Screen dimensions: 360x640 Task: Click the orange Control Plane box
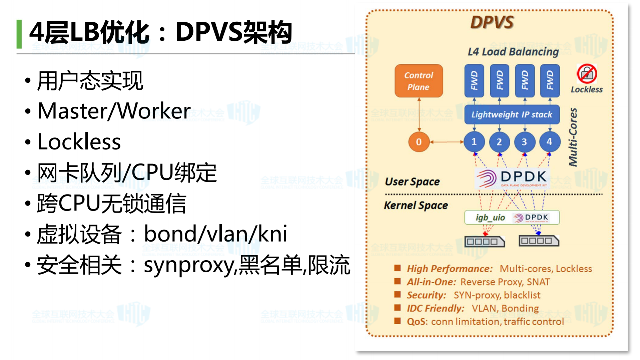tap(419, 81)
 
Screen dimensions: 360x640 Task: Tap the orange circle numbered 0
tap(419, 142)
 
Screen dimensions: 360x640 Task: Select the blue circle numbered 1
tap(474, 142)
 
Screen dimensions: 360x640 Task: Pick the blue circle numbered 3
tap(524, 142)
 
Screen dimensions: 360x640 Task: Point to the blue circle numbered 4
tap(549, 142)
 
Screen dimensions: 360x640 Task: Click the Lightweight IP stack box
tap(512, 114)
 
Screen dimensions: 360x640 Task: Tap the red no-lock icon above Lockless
tap(587, 74)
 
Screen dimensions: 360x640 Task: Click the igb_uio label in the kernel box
tap(490, 218)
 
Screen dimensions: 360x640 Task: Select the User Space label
tap(412, 182)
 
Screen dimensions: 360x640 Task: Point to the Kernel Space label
tap(416, 206)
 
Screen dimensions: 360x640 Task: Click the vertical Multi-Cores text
tap(573, 137)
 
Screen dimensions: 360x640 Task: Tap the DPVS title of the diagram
tap(492, 22)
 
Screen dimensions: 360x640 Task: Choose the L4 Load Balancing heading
tap(513, 52)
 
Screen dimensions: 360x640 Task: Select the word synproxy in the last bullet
tap(189, 265)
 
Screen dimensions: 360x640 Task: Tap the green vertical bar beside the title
tap(19, 34)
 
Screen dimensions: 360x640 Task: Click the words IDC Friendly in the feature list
tap(435, 308)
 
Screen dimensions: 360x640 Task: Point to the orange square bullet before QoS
tap(397, 321)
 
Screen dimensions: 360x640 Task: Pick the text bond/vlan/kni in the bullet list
tap(215, 234)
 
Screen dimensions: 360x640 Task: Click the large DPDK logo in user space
tap(512, 178)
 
